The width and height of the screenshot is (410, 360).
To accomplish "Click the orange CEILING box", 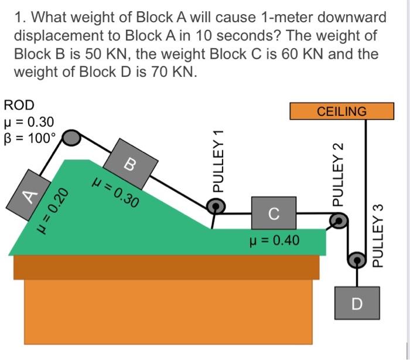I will [x=341, y=111].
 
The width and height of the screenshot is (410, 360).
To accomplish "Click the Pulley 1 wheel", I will [x=216, y=205].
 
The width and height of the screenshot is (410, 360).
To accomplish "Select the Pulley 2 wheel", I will [x=338, y=221].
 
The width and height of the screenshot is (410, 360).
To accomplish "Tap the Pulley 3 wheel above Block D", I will [x=356, y=259].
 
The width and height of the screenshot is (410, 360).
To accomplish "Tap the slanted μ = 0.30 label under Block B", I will [x=115, y=193].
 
